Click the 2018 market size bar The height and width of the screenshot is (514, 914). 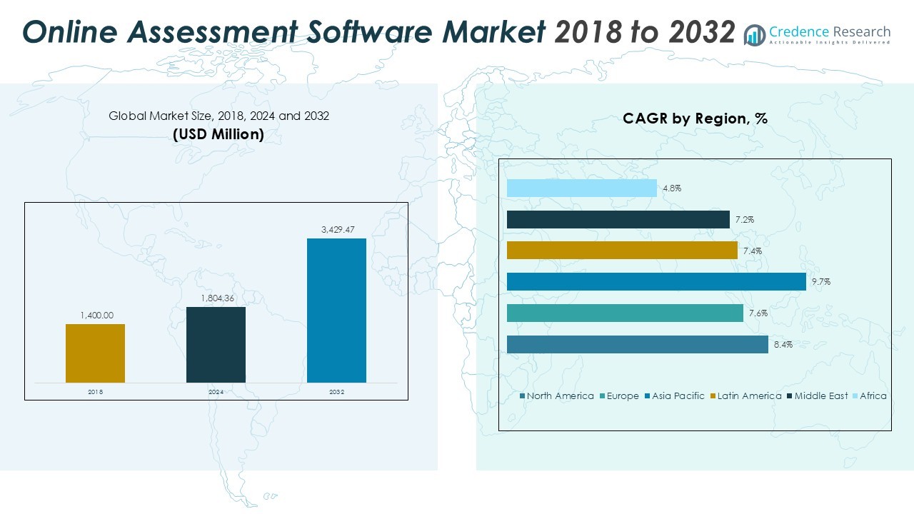(x=95, y=353)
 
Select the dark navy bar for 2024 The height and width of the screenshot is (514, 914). (x=216, y=345)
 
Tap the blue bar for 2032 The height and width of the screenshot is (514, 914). (x=336, y=311)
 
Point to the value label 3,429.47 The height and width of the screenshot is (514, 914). (x=336, y=229)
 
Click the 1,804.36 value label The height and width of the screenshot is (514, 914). (x=216, y=298)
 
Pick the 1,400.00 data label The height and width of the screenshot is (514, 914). (x=95, y=315)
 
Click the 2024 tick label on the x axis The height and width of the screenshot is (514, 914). (x=216, y=393)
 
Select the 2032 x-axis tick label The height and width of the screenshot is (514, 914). (x=336, y=393)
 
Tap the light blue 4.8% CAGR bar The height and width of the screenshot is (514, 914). (x=581, y=188)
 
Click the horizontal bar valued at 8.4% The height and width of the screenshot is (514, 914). (x=637, y=344)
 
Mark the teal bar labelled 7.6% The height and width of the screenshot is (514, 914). (x=625, y=313)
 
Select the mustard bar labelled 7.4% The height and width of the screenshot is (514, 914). (x=622, y=251)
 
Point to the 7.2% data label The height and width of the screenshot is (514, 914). (x=745, y=220)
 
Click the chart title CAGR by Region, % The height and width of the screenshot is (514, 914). (x=695, y=119)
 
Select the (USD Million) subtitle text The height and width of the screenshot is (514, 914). (x=219, y=134)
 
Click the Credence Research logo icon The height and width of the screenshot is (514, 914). (x=754, y=34)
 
